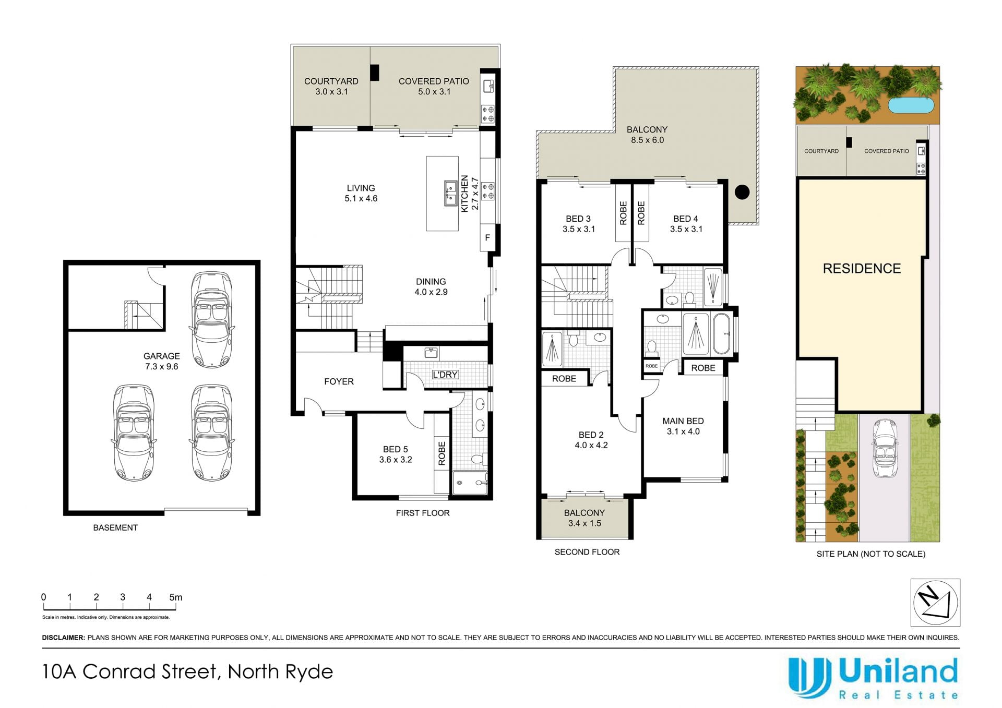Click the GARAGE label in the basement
(162, 356)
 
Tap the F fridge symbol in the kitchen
(487, 238)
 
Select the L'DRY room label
(445, 375)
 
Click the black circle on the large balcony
(742, 192)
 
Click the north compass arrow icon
(935, 602)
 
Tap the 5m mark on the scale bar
(176, 597)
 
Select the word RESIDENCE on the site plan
(862, 269)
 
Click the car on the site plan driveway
(884, 448)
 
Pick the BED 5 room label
(395, 449)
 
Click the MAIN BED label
(683, 421)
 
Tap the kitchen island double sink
(450, 194)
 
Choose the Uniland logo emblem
(809, 678)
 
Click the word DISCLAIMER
(63, 638)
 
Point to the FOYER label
(339, 381)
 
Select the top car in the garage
(211, 320)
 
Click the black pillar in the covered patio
(375, 73)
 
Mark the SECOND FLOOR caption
(587, 552)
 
